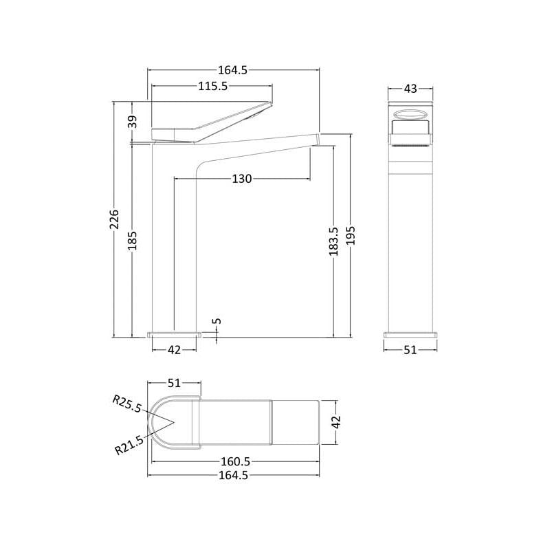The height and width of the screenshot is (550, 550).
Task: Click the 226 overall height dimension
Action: tap(115, 219)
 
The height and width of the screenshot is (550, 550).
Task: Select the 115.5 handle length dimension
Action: tap(213, 86)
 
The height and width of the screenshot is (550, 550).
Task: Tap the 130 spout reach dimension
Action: tap(242, 179)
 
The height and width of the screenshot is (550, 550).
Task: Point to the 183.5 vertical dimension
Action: tap(333, 241)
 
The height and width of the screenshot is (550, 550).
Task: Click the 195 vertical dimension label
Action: tap(351, 235)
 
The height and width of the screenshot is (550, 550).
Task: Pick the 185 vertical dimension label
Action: tap(132, 241)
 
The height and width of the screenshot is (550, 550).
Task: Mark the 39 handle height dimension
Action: tap(132, 122)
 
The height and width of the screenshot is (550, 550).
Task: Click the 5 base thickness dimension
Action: tap(217, 321)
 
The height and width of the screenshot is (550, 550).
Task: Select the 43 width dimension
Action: tap(410, 89)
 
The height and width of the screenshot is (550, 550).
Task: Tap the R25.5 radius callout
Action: tap(127, 404)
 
